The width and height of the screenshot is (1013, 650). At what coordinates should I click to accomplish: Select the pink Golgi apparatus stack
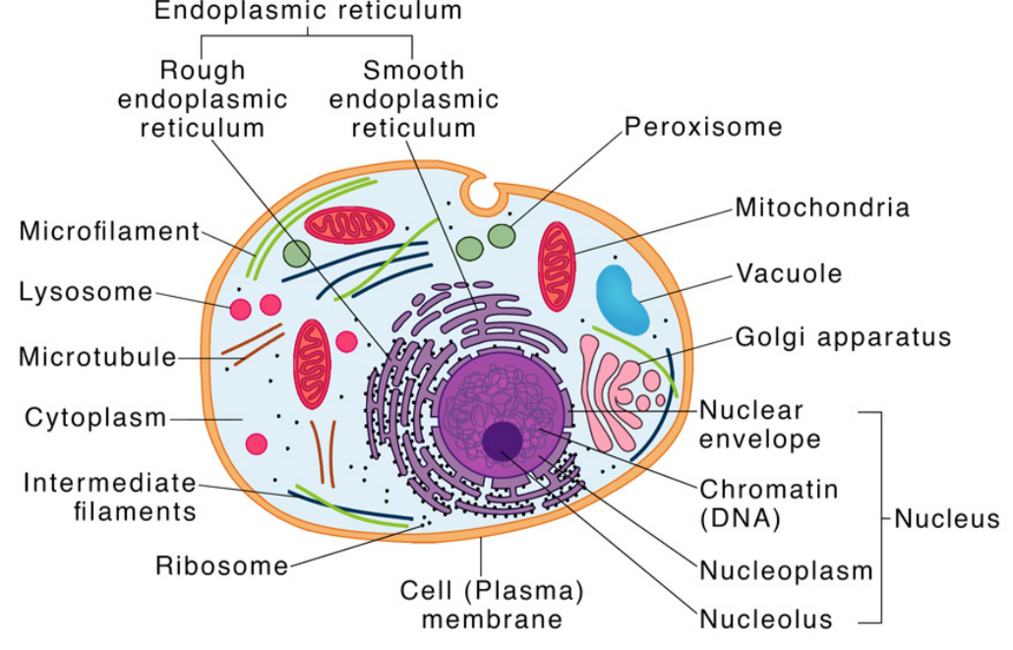tap(618, 384)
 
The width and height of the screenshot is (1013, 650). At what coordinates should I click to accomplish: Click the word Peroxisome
tap(703, 127)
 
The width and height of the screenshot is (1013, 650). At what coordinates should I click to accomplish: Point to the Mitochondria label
tap(822, 207)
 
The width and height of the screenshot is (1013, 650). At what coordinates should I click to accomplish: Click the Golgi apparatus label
tap(843, 337)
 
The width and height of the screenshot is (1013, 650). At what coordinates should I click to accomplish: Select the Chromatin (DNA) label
tap(754, 502)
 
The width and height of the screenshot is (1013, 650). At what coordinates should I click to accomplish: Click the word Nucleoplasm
tap(786, 570)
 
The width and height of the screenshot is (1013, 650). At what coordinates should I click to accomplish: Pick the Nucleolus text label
tap(766, 620)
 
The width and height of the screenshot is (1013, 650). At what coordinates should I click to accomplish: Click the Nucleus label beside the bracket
tap(946, 518)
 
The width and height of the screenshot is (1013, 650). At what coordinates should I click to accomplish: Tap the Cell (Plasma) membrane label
tap(492, 605)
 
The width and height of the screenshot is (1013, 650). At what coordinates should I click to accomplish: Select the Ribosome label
tap(222, 565)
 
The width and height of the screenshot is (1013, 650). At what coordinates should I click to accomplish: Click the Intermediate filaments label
tap(109, 497)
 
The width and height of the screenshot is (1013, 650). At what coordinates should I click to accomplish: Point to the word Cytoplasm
tap(95, 417)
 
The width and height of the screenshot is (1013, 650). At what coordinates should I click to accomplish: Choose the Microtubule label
tap(97, 356)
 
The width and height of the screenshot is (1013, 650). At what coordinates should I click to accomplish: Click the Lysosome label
tap(87, 292)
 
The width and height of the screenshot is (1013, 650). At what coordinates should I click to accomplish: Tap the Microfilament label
tap(109, 231)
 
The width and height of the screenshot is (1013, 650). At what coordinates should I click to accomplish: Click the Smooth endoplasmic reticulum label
tap(414, 99)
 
